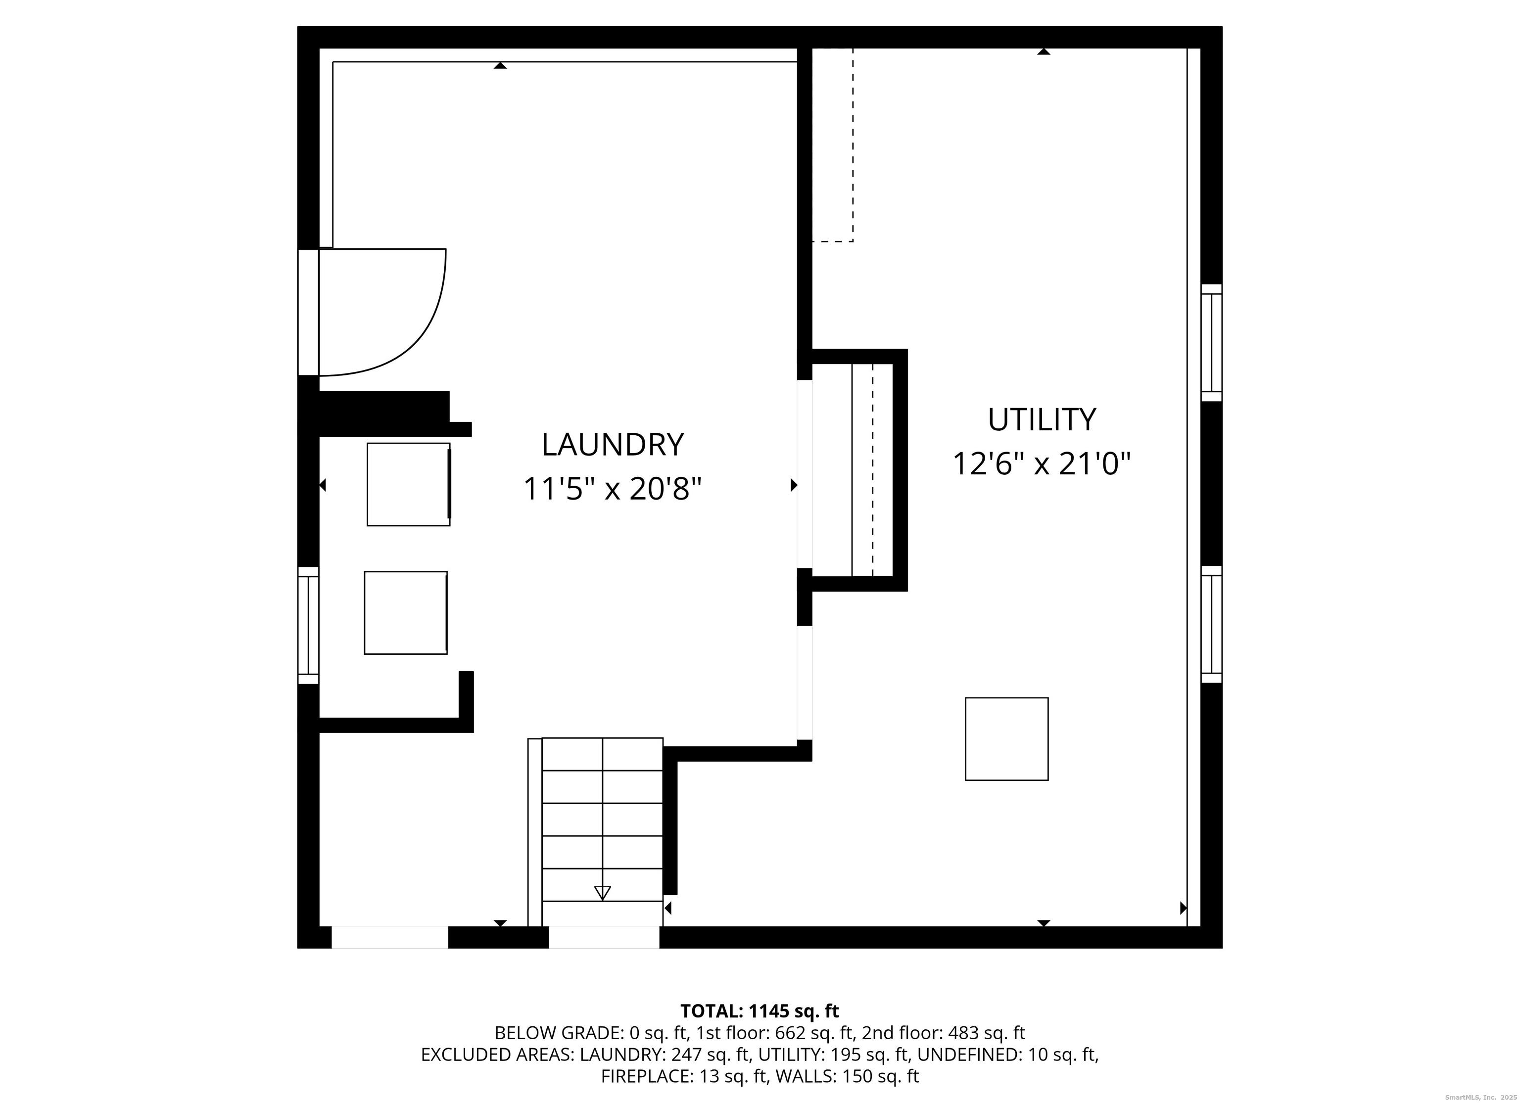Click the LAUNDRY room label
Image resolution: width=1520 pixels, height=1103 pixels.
coord(613,445)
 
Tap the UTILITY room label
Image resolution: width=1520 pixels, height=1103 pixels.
coord(1042,420)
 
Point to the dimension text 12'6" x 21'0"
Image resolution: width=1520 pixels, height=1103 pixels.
coord(1042,464)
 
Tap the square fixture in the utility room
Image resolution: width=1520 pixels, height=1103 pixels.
coord(1006,739)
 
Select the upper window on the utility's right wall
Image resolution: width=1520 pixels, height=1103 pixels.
coord(1211,342)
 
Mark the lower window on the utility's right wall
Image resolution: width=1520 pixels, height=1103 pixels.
coord(1211,625)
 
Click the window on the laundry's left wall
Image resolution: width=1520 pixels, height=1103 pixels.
coord(308,625)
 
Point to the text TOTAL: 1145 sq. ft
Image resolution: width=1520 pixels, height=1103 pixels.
coord(760,1011)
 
